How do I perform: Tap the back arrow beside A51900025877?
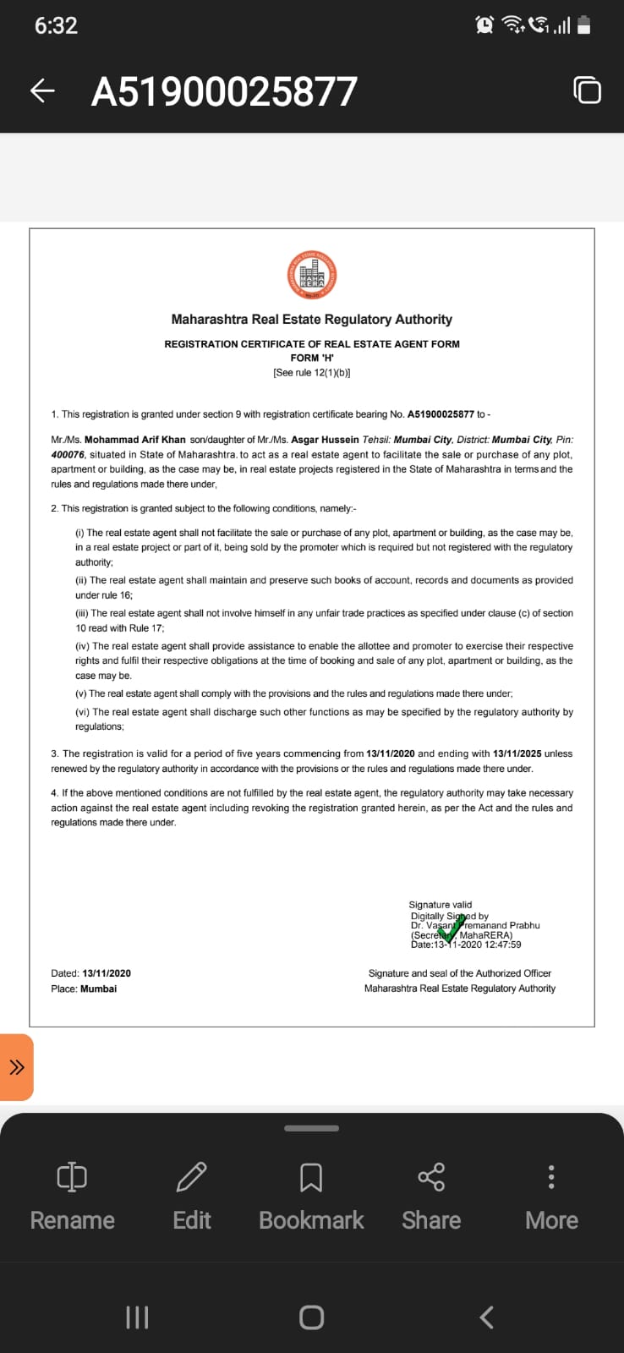[42, 91]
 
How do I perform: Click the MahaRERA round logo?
[311, 275]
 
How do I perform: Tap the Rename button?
[72, 1197]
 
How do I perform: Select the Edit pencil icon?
[192, 1177]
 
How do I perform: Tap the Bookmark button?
[311, 1197]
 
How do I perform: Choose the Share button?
[431, 1197]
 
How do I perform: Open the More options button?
[551, 1197]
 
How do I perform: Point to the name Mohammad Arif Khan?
[135, 440]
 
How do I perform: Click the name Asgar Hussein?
[325, 440]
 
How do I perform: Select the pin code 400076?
[68, 455]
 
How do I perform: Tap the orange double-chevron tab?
[17, 1067]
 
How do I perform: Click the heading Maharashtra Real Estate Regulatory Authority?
[311, 320]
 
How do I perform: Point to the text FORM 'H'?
[311, 358]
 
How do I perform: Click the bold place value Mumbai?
[98, 989]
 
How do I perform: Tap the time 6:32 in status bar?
[56, 25]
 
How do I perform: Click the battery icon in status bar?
[584, 25]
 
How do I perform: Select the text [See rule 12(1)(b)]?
[311, 372]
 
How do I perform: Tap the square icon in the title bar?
[587, 90]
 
